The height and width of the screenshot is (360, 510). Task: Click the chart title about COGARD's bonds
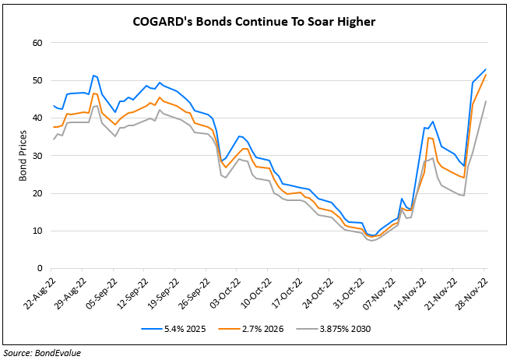pos(255,22)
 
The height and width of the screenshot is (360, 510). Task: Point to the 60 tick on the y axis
pos(36,42)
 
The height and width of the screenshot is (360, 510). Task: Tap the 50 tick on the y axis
pos(36,80)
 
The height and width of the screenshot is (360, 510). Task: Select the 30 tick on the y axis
pos(36,156)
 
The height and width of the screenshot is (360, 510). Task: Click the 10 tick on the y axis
pos(36,231)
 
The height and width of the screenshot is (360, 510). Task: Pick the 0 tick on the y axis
pos(38,269)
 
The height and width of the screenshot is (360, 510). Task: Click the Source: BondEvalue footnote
pos(43,352)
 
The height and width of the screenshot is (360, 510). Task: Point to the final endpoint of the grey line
pos(487,101)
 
